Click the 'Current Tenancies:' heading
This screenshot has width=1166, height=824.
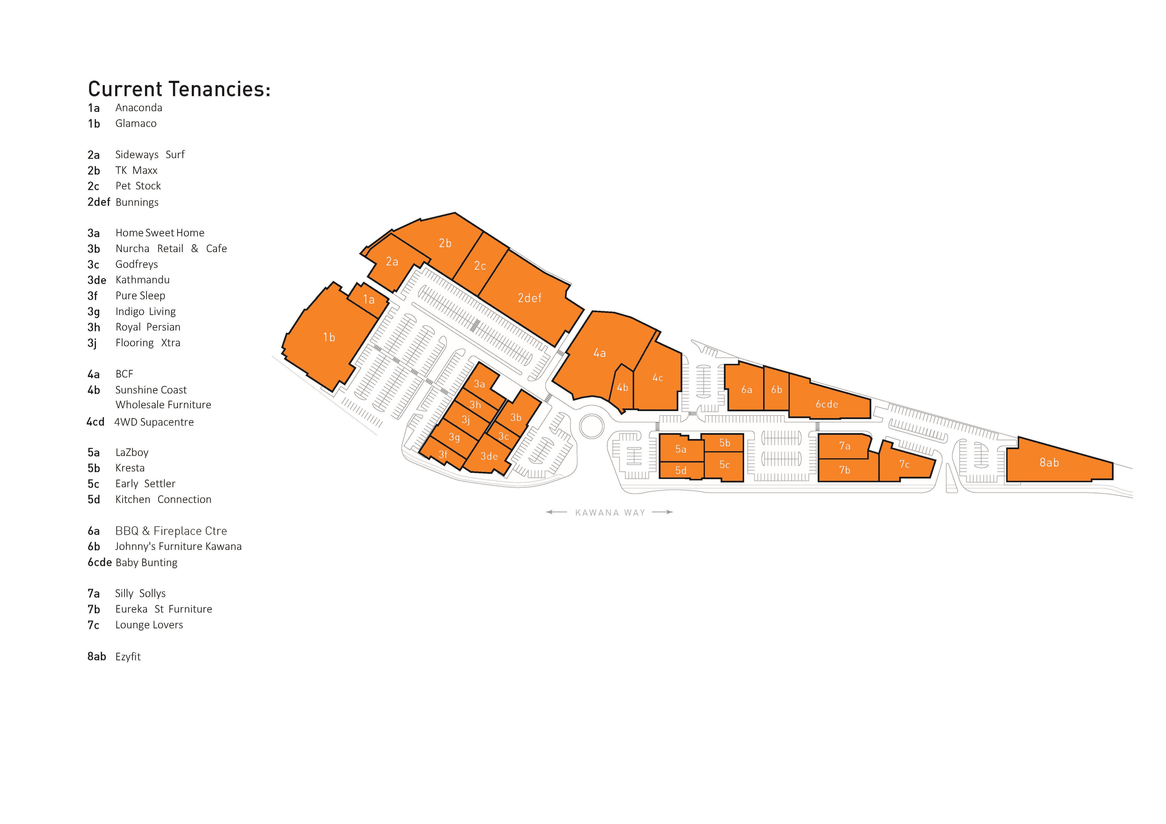click(179, 89)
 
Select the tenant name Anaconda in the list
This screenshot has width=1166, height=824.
click(139, 108)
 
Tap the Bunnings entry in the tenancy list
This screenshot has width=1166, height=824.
click(137, 202)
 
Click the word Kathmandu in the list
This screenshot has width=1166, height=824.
click(142, 280)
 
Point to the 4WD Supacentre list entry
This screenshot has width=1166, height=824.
click(153, 422)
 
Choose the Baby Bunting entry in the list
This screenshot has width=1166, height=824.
click(146, 562)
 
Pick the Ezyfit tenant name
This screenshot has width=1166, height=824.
click(127, 656)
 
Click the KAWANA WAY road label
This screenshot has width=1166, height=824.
click(610, 513)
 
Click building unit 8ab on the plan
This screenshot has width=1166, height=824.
click(1049, 462)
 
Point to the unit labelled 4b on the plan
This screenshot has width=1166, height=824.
click(623, 388)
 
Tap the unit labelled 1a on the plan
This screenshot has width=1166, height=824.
click(369, 299)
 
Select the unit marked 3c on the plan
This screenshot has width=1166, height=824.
click(503, 436)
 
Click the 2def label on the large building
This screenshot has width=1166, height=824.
click(529, 298)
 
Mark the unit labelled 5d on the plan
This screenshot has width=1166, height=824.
click(681, 470)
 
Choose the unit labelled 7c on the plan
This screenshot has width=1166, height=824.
click(904, 464)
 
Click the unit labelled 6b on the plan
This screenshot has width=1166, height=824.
click(777, 390)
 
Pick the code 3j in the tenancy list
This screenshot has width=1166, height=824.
click(92, 343)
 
